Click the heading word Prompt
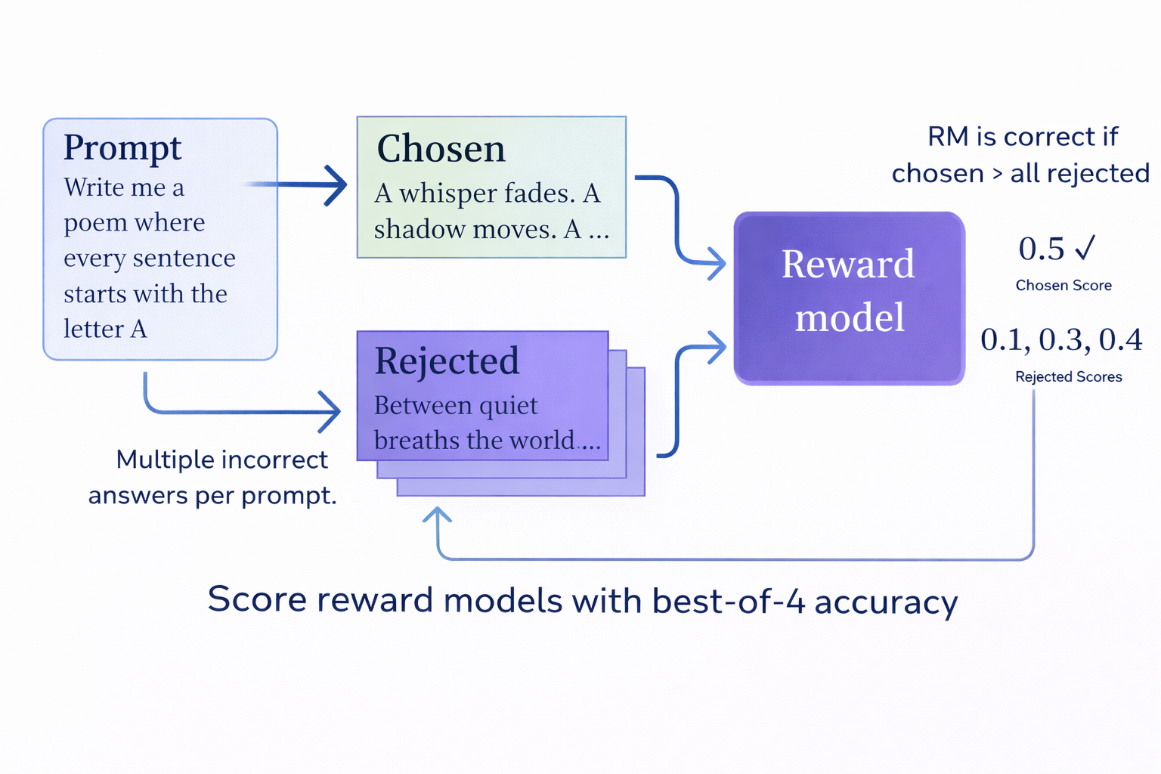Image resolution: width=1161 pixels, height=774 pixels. pos(122,148)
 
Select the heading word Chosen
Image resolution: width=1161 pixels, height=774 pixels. pos(441,149)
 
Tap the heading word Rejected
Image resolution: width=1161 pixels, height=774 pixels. pos(447,361)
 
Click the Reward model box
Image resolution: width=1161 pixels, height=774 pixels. pos(848,298)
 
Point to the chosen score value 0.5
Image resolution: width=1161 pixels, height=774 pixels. pos(1041,249)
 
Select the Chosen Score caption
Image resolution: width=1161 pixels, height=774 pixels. pos(1063,286)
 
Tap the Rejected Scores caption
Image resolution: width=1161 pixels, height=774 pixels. pos(1068,377)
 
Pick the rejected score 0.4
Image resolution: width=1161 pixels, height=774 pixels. pos(1120,340)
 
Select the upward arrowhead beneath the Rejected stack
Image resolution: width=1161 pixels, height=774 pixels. pos(438,516)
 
